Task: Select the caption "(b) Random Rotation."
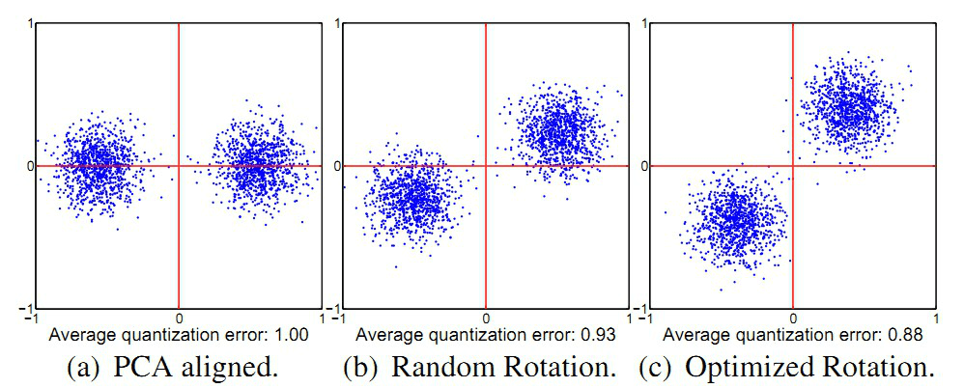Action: click(484, 368)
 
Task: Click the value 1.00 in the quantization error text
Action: click(292, 336)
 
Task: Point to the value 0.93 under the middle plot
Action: click(599, 336)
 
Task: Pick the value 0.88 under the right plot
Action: click(907, 336)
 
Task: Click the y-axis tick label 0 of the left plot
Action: click(29, 166)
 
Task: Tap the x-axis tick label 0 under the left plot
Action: click(179, 317)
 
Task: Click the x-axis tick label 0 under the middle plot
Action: click(485, 317)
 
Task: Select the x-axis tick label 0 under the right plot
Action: click(793, 317)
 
